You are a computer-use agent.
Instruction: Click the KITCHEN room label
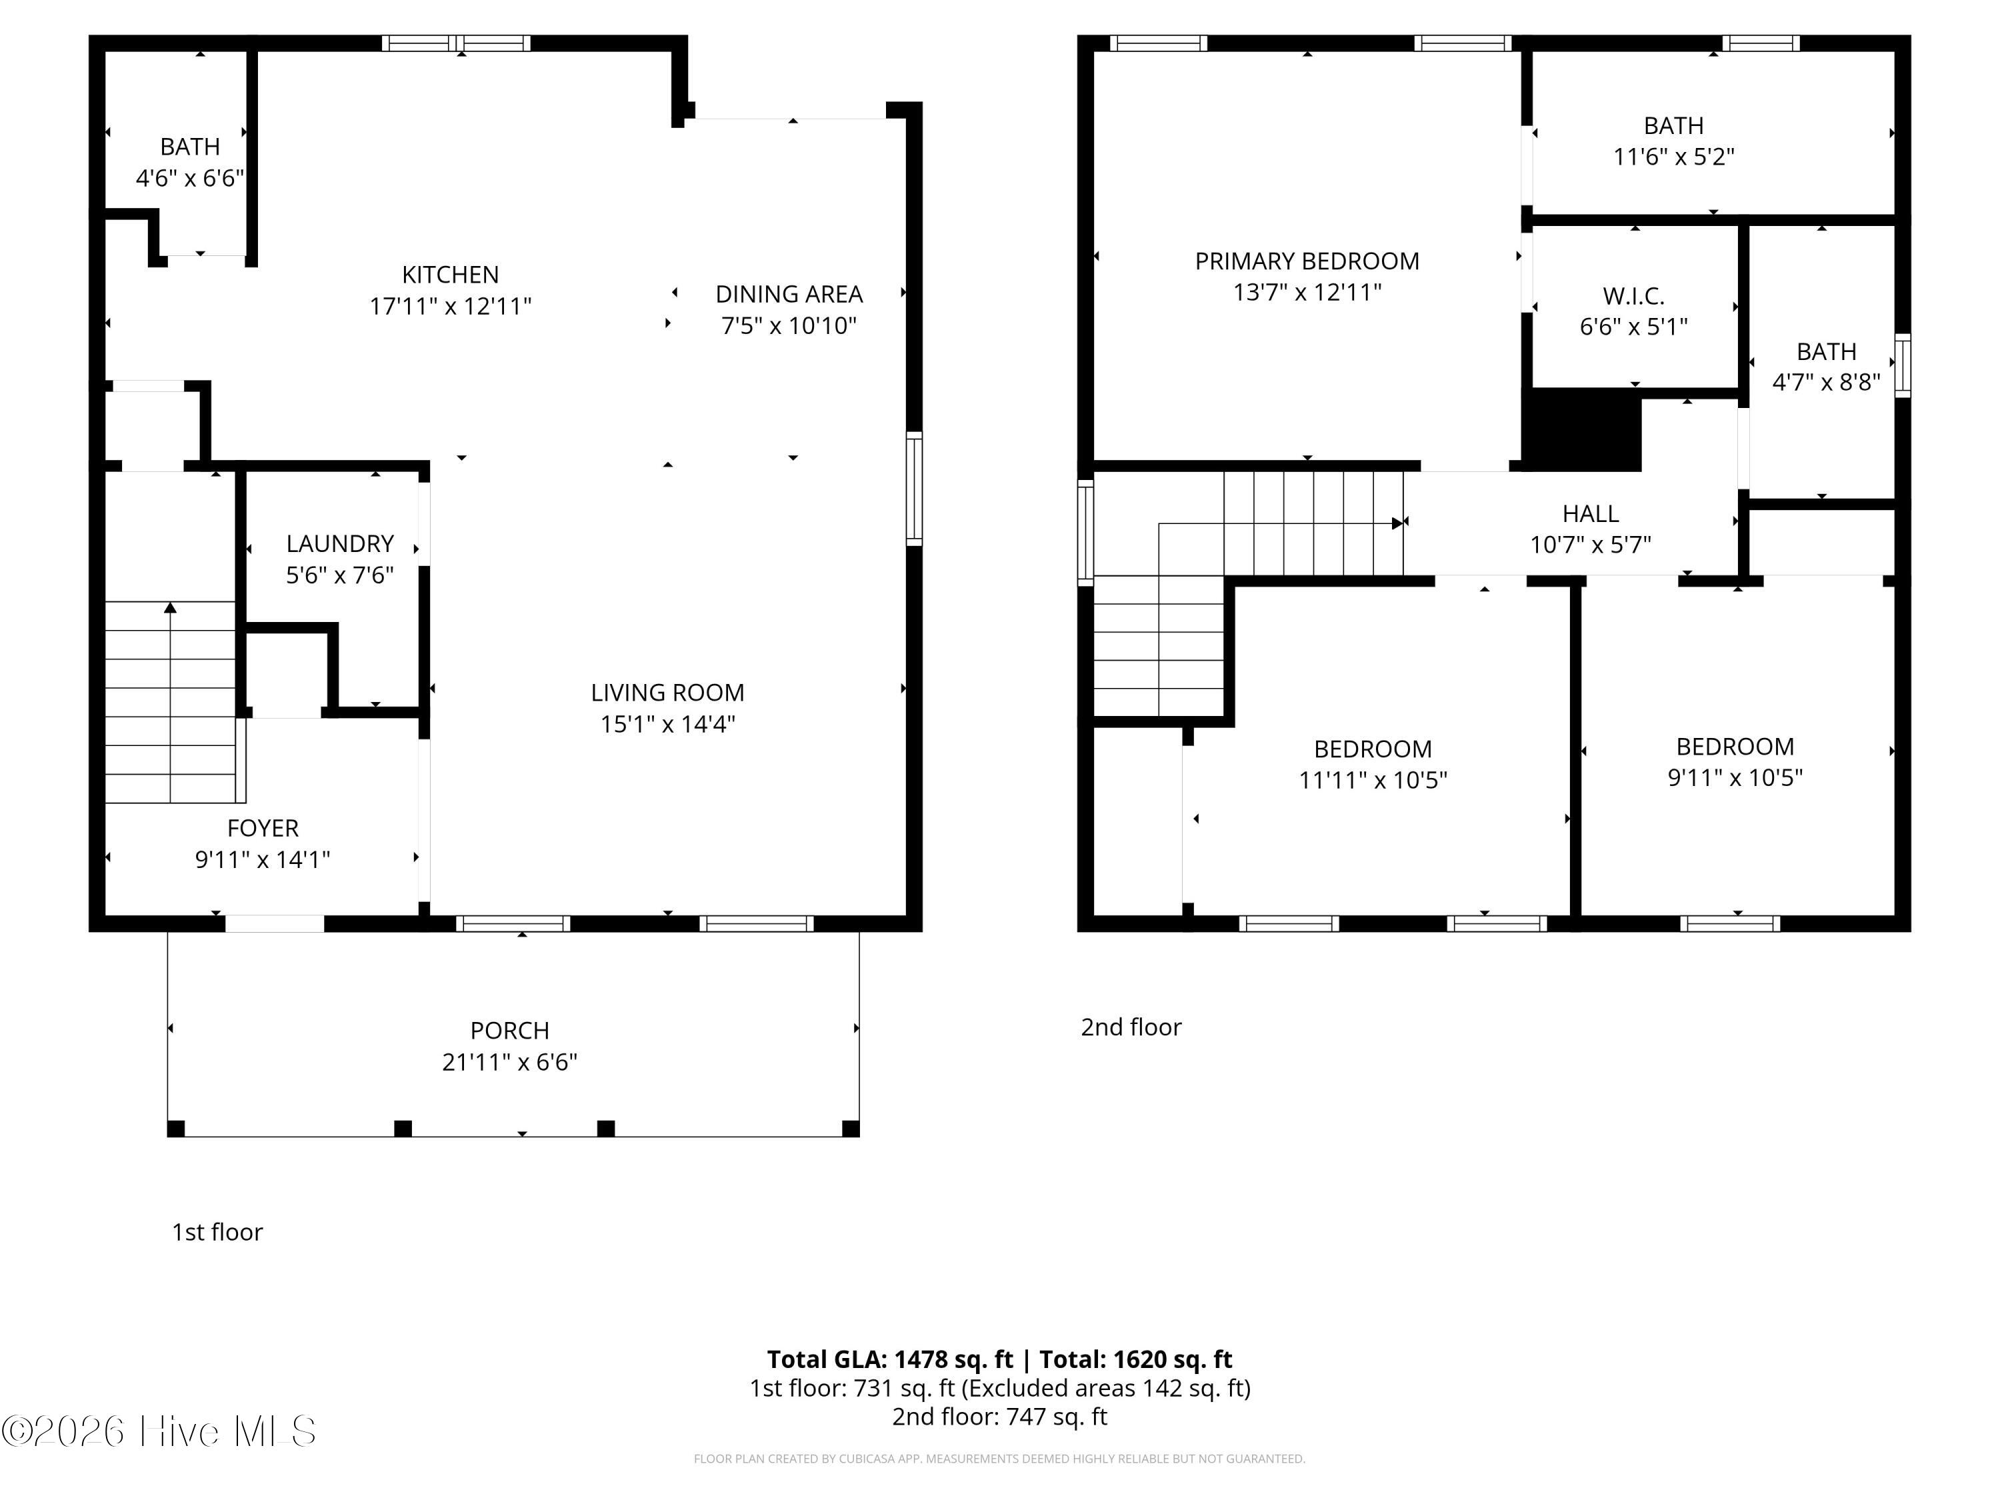pos(450,275)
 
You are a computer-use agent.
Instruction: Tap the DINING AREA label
pos(789,295)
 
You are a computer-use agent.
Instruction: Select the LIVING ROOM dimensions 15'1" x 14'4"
pos(667,724)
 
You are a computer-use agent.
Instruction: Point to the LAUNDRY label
pos(340,543)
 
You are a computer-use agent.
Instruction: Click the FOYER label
pos(263,828)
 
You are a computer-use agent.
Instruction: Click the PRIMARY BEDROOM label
pos(1307,261)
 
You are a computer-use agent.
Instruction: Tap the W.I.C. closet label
pos(1634,295)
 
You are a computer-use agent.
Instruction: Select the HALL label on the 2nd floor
pos(1591,513)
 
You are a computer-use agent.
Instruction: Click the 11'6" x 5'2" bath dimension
pos(1673,157)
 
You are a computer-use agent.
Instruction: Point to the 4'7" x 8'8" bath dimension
pos(1827,383)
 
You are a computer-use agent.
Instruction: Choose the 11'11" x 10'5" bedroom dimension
pos(1373,780)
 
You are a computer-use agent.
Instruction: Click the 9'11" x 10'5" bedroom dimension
pos(1735,777)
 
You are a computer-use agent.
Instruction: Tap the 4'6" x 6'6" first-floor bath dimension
pos(190,178)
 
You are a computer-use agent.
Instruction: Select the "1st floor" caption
pos(217,1233)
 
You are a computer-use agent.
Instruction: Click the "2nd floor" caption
pos(1131,1027)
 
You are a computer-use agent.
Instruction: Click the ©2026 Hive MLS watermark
pos(159,1431)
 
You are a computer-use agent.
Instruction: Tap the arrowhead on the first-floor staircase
pos(170,607)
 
